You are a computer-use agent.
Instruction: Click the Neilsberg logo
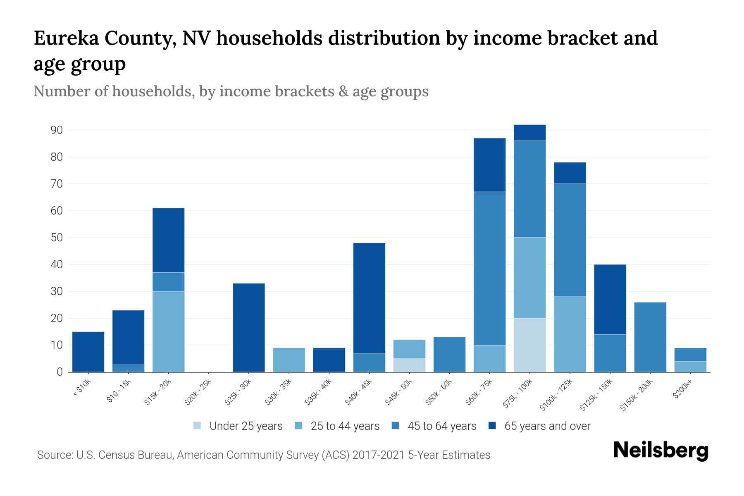point(661,450)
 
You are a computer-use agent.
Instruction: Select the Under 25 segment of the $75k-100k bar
point(529,345)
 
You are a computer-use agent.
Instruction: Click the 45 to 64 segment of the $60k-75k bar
point(489,269)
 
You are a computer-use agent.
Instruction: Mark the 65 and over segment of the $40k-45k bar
point(370,298)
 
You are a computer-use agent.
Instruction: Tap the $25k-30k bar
point(249,327)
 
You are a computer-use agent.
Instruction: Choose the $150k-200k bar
point(650,337)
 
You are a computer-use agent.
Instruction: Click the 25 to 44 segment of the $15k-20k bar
point(169,331)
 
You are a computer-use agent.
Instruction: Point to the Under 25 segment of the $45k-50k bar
point(409,365)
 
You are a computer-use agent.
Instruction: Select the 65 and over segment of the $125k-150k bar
point(610,299)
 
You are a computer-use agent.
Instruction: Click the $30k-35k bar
point(289,360)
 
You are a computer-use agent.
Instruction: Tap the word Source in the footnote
point(54,455)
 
